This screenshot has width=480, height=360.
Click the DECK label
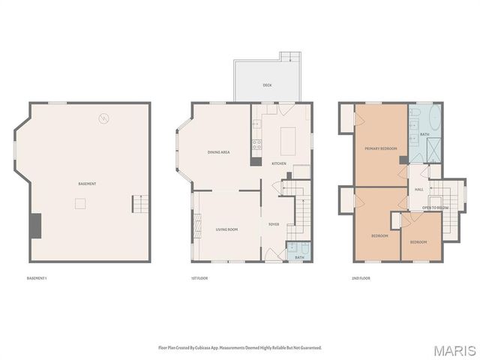(x=267, y=85)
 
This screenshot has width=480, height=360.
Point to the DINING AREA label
(x=218, y=152)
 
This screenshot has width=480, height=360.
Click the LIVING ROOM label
(x=226, y=229)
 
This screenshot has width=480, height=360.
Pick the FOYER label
(x=274, y=223)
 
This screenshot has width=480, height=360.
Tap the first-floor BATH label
(x=299, y=257)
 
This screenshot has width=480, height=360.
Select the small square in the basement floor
(x=79, y=202)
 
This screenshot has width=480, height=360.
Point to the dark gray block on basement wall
(x=34, y=225)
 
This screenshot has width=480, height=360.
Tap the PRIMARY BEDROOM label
(x=380, y=148)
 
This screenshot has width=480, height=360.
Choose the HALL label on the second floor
(x=419, y=189)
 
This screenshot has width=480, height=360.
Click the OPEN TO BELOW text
(x=435, y=207)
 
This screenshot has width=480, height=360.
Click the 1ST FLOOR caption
(x=199, y=278)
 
